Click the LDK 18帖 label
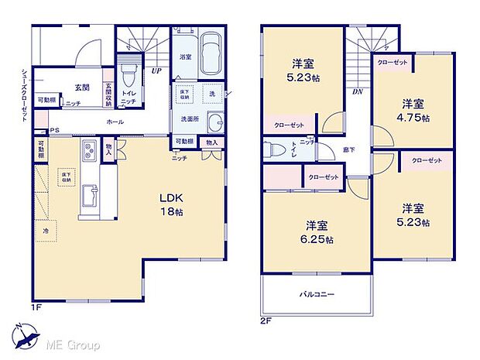click(x=173, y=204)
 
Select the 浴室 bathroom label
click(x=185, y=57)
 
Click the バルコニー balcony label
click(x=317, y=294)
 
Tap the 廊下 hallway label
click(x=349, y=149)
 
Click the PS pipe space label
click(x=53, y=131)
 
